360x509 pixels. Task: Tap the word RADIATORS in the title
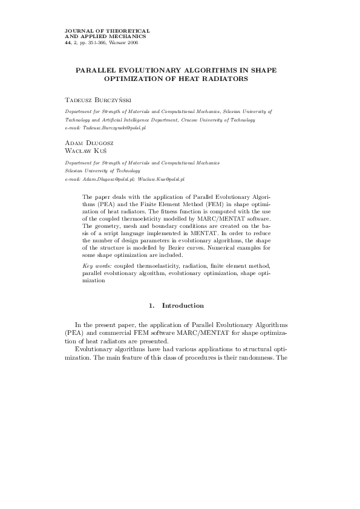coord(226,79)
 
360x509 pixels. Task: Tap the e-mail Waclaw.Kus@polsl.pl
coord(161,180)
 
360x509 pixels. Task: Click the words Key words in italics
coord(96,266)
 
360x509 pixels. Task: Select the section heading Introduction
coord(183,305)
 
